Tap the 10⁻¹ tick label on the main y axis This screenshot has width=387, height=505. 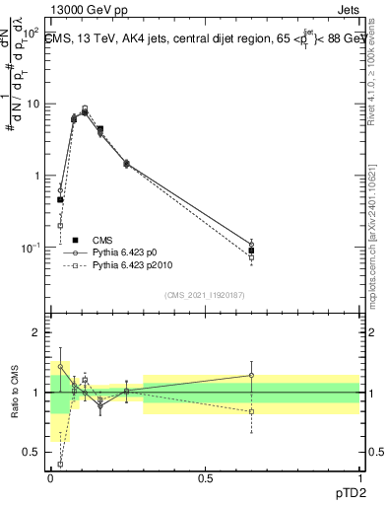pos(30,248)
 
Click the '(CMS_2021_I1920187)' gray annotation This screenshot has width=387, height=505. pos(205,295)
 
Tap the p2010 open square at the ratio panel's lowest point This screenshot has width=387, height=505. pos(61,464)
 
